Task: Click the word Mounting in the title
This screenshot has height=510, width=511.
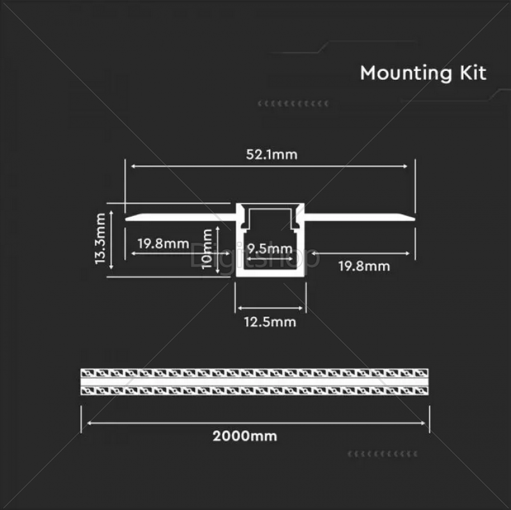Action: (x=406, y=73)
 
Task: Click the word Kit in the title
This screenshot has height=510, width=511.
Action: (x=473, y=73)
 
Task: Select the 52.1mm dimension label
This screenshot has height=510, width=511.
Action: (x=272, y=155)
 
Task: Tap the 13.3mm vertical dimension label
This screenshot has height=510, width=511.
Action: (x=100, y=238)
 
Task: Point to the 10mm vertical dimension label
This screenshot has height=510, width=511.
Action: (x=207, y=249)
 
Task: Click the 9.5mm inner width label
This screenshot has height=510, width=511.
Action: (x=270, y=249)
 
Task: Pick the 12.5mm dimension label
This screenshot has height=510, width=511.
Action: (x=270, y=322)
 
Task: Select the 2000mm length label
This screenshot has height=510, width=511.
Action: (x=245, y=436)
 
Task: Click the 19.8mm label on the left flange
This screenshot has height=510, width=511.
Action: (x=164, y=243)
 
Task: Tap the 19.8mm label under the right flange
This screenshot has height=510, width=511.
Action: (x=364, y=267)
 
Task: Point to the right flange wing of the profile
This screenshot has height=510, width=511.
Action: (x=360, y=217)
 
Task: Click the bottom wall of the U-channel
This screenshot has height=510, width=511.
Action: (x=270, y=274)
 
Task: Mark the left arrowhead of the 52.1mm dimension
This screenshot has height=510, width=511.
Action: (x=133, y=166)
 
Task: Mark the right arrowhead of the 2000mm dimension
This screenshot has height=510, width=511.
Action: (x=423, y=423)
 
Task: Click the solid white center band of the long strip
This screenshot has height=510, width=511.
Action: (x=254, y=382)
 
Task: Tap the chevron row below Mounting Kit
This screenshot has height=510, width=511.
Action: (x=293, y=104)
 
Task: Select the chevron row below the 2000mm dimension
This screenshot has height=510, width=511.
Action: (x=383, y=454)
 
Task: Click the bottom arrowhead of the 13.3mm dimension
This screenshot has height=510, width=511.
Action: (x=111, y=267)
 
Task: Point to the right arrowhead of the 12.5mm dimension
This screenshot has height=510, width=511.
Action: (x=300, y=308)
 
